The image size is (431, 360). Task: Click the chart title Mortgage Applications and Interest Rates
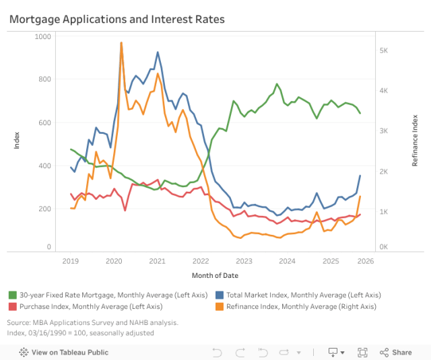point(117,20)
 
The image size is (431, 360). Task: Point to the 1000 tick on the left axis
point(42,36)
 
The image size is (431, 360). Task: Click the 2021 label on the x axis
point(157,261)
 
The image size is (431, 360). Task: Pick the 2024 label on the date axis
point(287,261)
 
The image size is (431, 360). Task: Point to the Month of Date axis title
point(215,275)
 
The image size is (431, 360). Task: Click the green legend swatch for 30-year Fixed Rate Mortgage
point(13,295)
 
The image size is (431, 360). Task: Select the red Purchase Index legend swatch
point(13,306)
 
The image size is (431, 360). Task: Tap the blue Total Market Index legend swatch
point(220,295)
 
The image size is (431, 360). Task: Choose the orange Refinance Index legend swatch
point(220,306)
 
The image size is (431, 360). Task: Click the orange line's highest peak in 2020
point(121,43)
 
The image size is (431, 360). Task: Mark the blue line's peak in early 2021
point(158,52)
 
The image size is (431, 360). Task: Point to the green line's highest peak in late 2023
point(277,84)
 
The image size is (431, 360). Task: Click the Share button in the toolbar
point(396,352)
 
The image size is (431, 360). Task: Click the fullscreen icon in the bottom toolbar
point(362,352)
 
